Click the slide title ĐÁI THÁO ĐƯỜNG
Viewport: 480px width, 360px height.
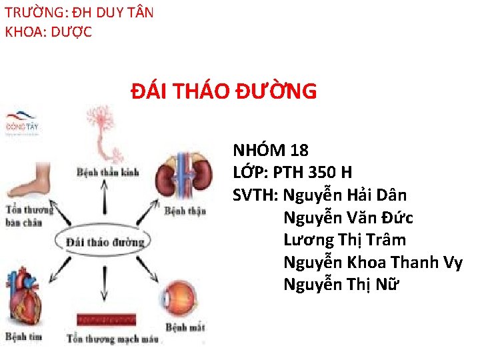(x=223, y=91)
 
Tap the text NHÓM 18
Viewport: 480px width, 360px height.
(x=271, y=150)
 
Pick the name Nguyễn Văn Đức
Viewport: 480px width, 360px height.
(x=348, y=217)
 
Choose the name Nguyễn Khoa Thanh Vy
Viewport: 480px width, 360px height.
(x=373, y=262)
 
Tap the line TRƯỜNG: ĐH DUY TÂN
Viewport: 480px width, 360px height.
(x=79, y=13)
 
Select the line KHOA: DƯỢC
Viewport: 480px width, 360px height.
(x=49, y=31)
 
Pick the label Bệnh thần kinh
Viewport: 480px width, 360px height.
(x=108, y=172)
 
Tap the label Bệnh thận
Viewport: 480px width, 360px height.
(x=185, y=211)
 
